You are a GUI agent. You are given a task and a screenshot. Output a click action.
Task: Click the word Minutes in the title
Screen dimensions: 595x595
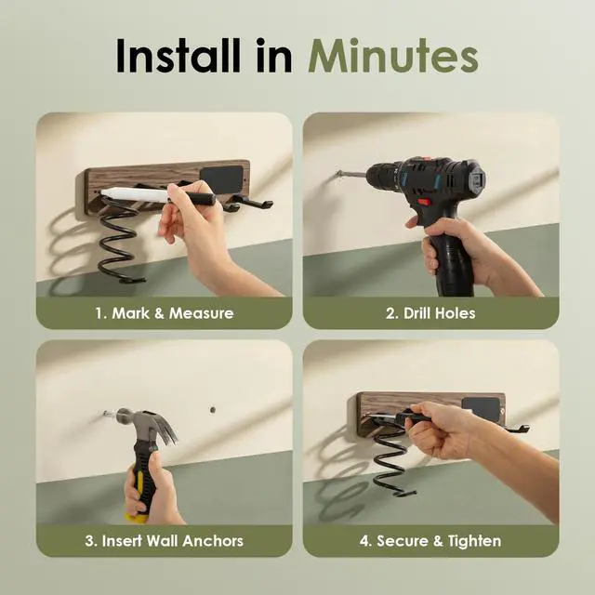[392, 56]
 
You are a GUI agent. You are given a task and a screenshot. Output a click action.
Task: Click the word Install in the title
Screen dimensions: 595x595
[178, 56]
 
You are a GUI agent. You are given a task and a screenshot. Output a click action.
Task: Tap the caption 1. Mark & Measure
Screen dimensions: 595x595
[165, 313]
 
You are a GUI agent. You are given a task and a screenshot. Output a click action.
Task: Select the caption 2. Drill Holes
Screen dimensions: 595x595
[430, 313]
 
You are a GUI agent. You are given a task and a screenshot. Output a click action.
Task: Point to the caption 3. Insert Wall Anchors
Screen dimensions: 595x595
[164, 541]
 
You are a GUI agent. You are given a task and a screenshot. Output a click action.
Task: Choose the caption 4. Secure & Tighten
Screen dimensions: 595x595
[430, 541]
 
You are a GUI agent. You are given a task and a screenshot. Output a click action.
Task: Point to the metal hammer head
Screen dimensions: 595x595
[146, 424]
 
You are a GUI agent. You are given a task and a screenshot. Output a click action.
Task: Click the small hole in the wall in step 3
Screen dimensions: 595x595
[213, 410]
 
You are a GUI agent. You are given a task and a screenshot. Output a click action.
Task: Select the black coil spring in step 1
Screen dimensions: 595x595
[118, 243]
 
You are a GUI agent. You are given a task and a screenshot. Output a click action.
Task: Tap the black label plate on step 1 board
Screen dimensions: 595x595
[221, 179]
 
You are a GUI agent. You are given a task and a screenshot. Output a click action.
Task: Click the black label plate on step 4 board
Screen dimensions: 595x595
[481, 409]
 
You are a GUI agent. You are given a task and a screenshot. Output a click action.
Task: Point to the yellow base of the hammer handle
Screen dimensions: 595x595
[137, 517]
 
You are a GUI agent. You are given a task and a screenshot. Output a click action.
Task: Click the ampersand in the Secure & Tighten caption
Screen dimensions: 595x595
[438, 541]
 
